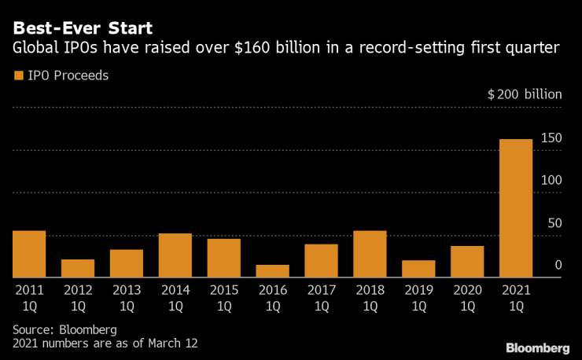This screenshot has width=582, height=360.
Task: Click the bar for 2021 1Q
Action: point(516,208)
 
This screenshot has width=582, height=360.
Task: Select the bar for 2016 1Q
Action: point(272,270)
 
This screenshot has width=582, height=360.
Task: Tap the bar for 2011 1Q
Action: point(29,254)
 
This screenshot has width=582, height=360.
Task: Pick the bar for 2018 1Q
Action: point(370,254)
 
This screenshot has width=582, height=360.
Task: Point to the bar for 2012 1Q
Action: point(78,268)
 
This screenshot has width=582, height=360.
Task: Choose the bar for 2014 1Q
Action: point(175,255)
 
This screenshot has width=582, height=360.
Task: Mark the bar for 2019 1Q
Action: point(418,269)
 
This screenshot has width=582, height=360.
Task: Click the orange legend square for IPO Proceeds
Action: point(17,76)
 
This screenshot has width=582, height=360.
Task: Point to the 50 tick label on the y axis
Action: point(554,223)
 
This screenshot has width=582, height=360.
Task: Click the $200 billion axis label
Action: point(525,94)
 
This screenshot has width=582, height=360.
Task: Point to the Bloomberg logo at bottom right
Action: point(538,347)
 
